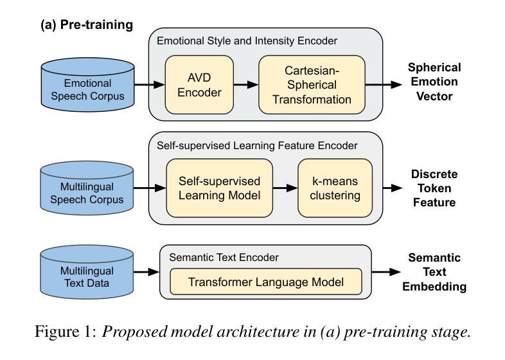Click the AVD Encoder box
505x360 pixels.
(x=199, y=85)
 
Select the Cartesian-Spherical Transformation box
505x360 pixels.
(x=312, y=85)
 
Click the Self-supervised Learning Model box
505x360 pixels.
(x=220, y=188)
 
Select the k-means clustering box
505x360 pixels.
(x=335, y=188)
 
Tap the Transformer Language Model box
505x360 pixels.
(x=266, y=282)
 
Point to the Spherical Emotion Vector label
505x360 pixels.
(x=434, y=82)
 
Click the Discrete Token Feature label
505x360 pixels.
(x=434, y=188)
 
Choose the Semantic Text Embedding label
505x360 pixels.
(x=434, y=272)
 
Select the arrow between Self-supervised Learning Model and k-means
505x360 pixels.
(x=285, y=188)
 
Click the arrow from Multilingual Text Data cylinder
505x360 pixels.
(x=146, y=272)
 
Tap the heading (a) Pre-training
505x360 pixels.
(x=87, y=25)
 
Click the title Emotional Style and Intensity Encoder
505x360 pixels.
(x=247, y=41)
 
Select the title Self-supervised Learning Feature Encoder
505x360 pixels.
(x=257, y=145)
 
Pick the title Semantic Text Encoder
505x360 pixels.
(x=224, y=257)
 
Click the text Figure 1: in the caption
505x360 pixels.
(x=66, y=332)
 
